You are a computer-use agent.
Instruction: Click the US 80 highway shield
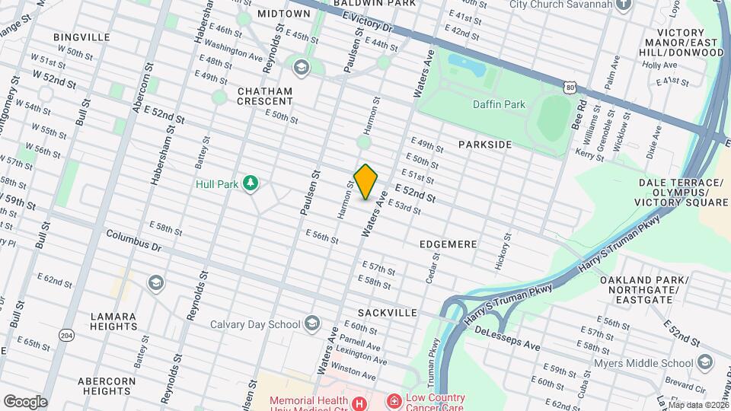[570, 88]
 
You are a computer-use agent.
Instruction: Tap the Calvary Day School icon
[311, 324]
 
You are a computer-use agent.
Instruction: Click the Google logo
[25, 401]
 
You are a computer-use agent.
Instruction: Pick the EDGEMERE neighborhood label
[448, 244]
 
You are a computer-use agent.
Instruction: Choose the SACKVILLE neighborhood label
[388, 313]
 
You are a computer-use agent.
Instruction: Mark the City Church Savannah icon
[624, 5]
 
